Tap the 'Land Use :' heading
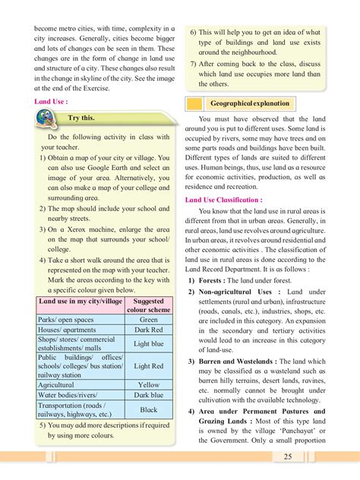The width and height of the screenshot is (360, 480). [x=51, y=100]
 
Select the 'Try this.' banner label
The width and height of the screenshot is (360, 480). [x=81, y=118]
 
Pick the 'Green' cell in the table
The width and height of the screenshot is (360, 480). [x=148, y=320]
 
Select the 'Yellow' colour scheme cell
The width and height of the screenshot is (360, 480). [x=148, y=384]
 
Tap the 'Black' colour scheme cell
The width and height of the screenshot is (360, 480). [x=148, y=409]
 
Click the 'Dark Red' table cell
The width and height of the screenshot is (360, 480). [x=148, y=330]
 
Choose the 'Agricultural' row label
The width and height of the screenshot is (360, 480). [x=60, y=384]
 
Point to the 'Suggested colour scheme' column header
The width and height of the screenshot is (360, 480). [x=148, y=305]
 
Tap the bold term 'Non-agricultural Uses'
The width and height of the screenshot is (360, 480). [x=238, y=292]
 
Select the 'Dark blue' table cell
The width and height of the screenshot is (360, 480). [x=148, y=395]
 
